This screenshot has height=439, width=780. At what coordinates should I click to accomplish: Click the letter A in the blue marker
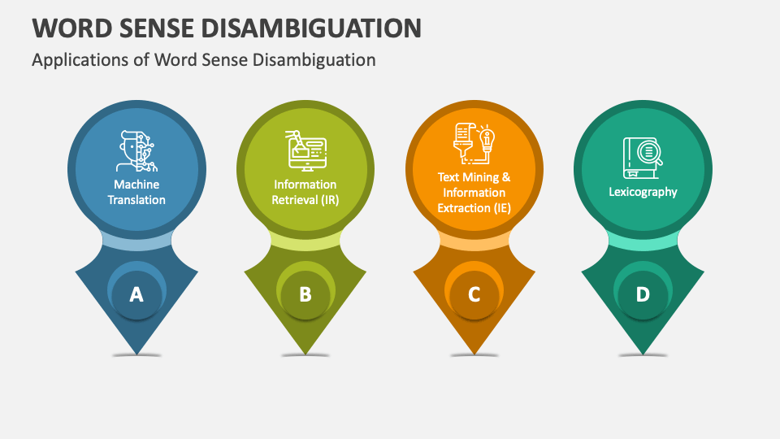[136, 294]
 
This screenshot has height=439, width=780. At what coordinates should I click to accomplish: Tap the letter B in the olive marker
[305, 294]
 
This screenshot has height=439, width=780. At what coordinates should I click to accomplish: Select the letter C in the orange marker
[474, 294]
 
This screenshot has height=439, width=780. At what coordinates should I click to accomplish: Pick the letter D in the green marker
[643, 294]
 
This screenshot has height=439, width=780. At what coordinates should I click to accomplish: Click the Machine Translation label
[137, 193]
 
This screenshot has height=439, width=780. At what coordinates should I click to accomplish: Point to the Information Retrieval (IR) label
[305, 193]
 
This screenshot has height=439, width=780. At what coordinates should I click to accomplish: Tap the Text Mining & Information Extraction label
[474, 193]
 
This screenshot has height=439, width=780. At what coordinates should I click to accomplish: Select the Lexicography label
[643, 192]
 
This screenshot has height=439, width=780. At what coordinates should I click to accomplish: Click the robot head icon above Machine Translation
[136, 151]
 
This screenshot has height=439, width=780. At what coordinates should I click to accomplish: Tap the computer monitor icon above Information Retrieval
[305, 150]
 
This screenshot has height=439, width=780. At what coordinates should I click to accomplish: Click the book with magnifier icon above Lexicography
[643, 156]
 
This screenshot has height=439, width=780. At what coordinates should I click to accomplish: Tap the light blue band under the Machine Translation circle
[136, 241]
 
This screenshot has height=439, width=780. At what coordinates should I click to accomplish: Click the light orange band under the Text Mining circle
[474, 241]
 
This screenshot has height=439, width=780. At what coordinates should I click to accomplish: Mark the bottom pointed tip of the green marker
[643, 352]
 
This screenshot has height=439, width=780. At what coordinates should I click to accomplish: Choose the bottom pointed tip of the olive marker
[305, 352]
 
